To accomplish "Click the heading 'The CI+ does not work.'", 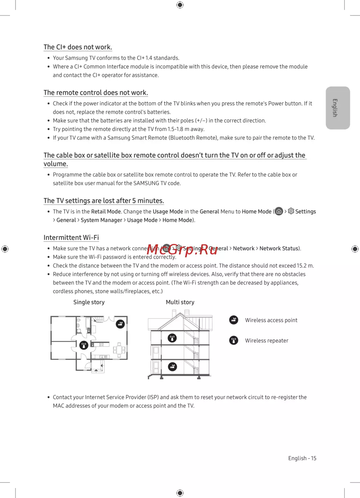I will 78,47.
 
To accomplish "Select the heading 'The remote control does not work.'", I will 96,93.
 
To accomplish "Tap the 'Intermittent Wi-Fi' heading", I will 71,238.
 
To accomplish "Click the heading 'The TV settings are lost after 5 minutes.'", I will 104,201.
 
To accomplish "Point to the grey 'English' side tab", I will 338,108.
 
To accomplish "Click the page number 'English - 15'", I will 302,458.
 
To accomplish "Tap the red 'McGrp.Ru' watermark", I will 183,249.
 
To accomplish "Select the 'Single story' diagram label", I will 89,302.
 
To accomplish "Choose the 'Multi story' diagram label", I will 180,302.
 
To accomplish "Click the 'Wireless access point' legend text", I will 271,320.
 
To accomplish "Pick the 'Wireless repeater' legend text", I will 266,341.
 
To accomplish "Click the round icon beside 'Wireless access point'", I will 234,320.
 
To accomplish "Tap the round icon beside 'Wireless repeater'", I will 234,340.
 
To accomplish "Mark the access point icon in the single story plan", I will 120,324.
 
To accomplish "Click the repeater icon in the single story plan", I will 84,345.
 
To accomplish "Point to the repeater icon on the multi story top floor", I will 172,338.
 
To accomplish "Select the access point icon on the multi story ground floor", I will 172,367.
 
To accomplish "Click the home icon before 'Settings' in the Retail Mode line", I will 279,212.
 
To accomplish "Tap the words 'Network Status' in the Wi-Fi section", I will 279,249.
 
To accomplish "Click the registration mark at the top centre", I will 180,5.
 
